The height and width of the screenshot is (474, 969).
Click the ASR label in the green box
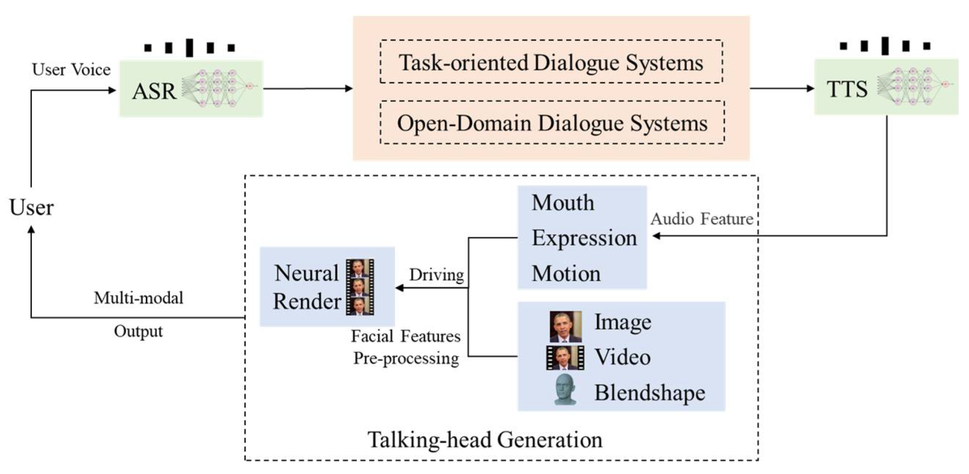(x=154, y=91)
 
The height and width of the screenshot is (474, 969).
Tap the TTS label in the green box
(x=847, y=89)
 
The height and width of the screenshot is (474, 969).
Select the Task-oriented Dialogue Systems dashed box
(x=551, y=63)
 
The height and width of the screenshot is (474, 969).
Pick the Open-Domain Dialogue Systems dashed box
(x=552, y=123)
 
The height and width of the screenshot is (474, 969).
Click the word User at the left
(x=31, y=207)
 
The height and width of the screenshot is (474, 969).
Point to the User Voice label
(x=71, y=70)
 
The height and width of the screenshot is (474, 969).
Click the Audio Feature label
(x=702, y=219)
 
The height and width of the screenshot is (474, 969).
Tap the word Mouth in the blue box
(x=563, y=203)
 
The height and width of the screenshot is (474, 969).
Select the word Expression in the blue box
(x=584, y=238)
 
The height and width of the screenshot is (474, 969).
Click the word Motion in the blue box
(x=566, y=274)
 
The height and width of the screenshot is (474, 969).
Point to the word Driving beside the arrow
(x=436, y=275)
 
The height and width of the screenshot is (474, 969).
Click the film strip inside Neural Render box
(x=359, y=287)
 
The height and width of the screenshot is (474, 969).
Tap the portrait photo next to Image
(x=565, y=326)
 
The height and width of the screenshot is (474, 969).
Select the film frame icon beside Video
(x=565, y=358)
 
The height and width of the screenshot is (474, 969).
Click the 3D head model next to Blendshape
(x=565, y=390)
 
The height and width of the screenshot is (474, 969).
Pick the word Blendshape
(x=649, y=393)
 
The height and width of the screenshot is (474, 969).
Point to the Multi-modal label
(x=139, y=298)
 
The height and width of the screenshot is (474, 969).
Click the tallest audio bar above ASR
(x=189, y=47)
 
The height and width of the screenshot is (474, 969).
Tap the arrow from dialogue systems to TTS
(x=781, y=88)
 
